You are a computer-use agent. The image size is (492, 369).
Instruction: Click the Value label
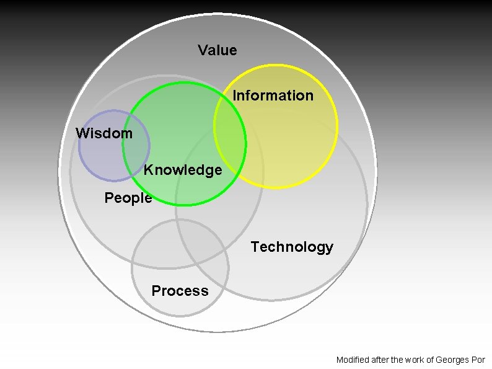[x=217, y=50]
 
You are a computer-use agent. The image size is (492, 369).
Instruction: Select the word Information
[x=273, y=96]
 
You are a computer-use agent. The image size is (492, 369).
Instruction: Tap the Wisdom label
[x=103, y=133]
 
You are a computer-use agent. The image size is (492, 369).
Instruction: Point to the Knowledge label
[x=183, y=170]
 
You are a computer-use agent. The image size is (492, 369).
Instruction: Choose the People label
[x=128, y=198]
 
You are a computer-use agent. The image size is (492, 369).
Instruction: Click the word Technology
[x=292, y=247]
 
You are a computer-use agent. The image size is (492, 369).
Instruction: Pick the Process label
[x=180, y=291]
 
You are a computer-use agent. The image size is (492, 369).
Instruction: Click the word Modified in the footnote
[x=353, y=360]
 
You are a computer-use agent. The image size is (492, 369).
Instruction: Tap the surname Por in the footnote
[x=478, y=360]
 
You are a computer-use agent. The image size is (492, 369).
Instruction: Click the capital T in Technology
[x=255, y=247]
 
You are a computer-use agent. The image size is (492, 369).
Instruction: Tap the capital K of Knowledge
[x=148, y=170]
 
